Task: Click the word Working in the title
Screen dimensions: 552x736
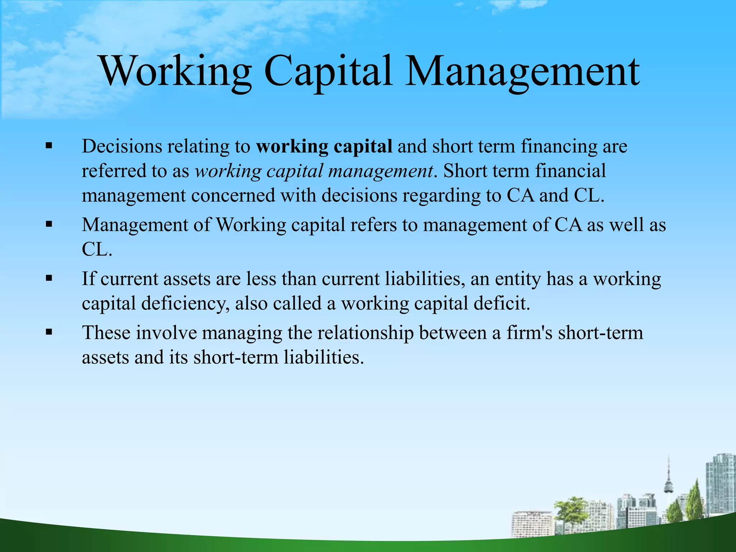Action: pos(176,72)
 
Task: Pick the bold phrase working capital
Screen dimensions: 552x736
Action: pos(324,147)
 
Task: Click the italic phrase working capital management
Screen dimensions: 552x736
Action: pos(314,171)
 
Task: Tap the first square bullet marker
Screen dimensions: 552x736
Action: pos(49,146)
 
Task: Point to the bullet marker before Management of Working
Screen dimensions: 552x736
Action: pos(49,225)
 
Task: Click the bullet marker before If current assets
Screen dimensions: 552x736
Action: pos(49,278)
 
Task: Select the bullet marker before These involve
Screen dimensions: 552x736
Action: pos(49,332)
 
